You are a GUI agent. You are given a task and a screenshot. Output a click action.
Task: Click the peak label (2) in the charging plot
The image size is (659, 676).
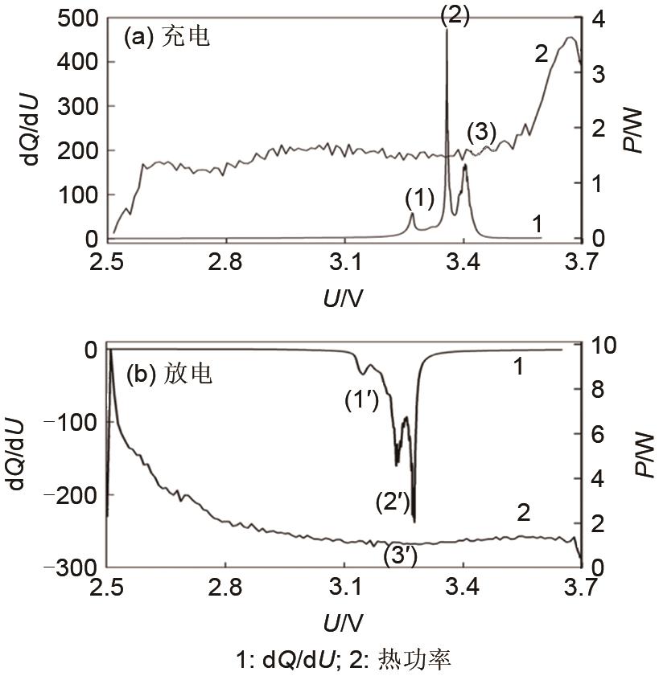455,17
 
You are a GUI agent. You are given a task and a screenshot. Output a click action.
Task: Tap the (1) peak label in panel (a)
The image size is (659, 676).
419,196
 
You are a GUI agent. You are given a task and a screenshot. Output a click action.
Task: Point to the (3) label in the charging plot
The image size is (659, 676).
481,132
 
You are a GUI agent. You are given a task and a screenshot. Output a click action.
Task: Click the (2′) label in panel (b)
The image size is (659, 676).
393,502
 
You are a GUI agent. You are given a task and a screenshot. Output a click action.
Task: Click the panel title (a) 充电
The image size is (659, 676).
166,37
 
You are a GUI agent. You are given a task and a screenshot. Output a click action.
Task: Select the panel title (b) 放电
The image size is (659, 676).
170,374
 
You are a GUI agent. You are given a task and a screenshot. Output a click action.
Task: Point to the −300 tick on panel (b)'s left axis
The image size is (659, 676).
75,567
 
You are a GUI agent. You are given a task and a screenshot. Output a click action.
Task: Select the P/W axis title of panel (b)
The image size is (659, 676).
643,456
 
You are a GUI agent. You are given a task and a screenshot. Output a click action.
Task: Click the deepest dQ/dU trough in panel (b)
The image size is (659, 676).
414,522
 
